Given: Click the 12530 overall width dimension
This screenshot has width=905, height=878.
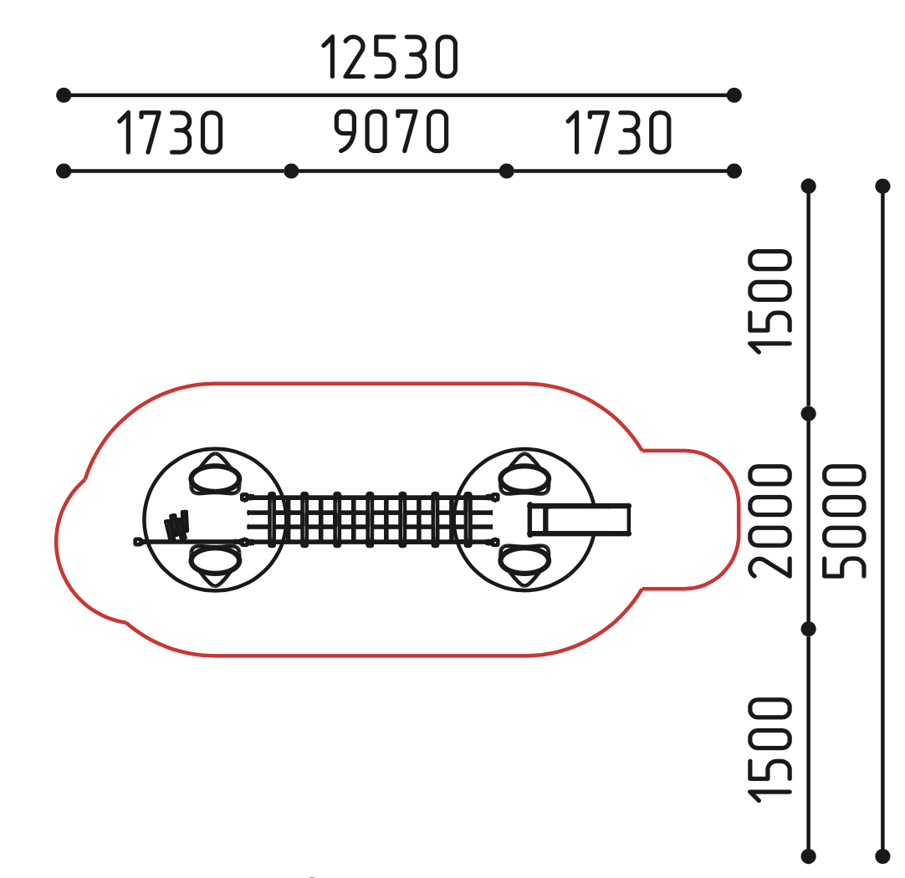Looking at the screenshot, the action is click(x=390, y=57).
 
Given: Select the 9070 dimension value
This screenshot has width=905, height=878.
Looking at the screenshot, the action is click(x=391, y=131).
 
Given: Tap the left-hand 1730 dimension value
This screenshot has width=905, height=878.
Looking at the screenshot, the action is click(x=170, y=133).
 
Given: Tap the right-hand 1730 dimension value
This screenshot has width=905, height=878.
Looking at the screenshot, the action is click(x=618, y=133).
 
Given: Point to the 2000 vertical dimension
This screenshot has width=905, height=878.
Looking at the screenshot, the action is click(x=770, y=520).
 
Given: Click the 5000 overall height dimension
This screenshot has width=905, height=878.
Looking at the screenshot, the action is click(x=845, y=520).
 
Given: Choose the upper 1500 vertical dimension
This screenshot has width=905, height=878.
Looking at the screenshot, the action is click(x=770, y=300).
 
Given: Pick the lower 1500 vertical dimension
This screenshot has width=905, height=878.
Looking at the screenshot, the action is click(x=770, y=749).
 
